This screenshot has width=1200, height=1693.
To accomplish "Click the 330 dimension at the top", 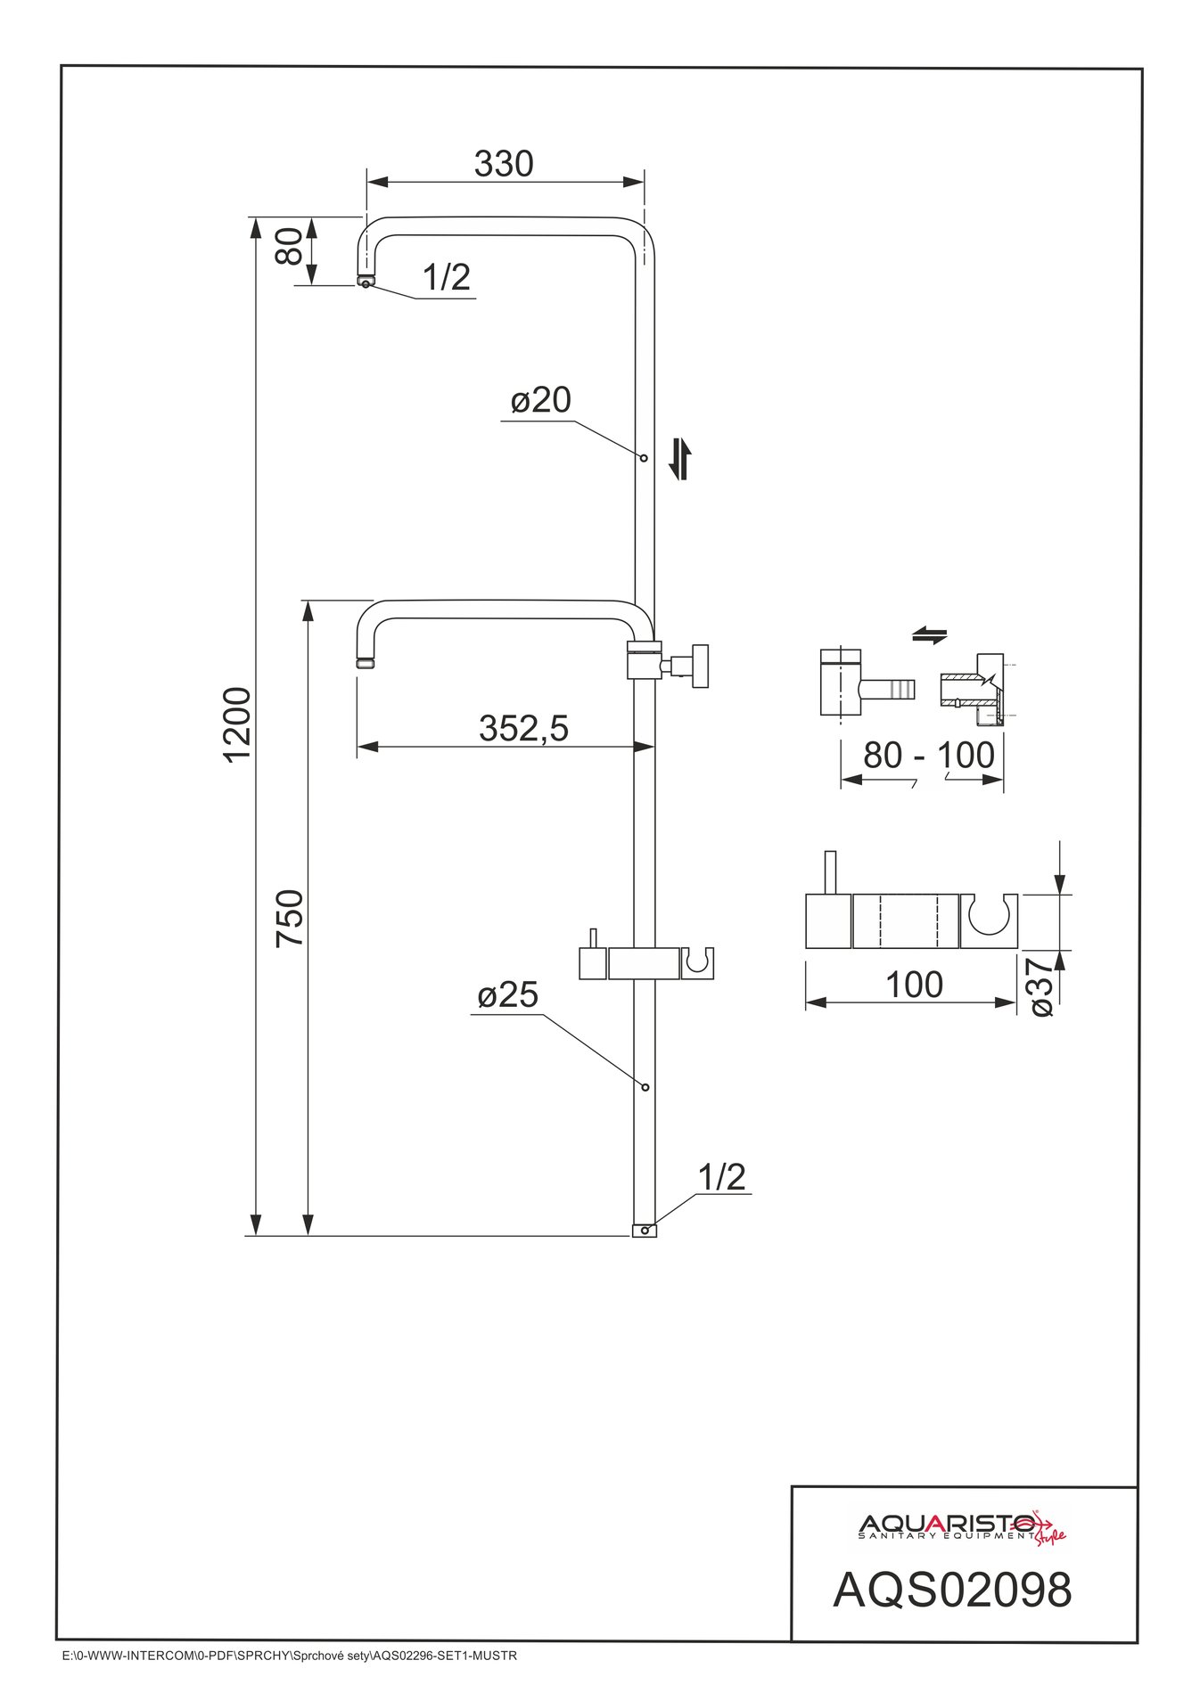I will click(504, 164).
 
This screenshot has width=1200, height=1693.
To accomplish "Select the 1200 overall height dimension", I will click(237, 724).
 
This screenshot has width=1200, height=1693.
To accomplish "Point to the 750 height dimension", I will click(291, 918).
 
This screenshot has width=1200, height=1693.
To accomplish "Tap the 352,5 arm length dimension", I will click(523, 728).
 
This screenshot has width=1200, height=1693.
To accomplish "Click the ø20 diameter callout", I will click(540, 400).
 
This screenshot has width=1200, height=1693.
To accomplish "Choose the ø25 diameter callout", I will click(507, 994).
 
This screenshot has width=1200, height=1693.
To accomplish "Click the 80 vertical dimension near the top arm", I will click(289, 246).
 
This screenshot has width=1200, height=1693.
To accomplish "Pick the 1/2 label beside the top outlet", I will click(446, 277).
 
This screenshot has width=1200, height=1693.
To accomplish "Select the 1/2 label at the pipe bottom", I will click(721, 1177).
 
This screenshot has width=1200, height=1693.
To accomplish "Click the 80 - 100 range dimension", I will click(928, 756).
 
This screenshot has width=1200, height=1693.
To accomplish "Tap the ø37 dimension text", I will click(1041, 987).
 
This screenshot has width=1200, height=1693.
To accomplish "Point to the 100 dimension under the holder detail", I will click(914, 985).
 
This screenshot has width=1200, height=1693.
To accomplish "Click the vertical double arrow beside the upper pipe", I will click(680, 458).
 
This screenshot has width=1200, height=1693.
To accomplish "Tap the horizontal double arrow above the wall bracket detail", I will click(930, 635).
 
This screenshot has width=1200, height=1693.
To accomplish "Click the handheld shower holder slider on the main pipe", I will click(646, 962).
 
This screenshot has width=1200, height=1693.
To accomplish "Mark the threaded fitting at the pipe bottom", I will click(644, 1231).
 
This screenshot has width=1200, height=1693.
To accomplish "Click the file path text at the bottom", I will click(286, 1656).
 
